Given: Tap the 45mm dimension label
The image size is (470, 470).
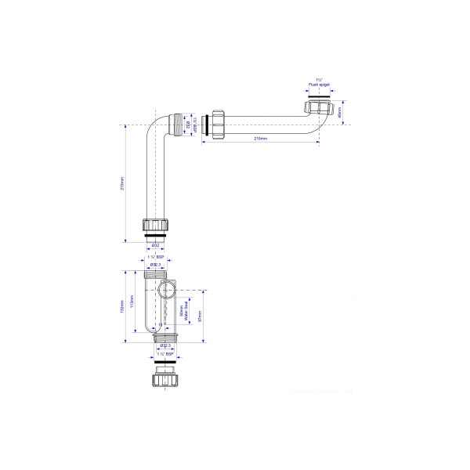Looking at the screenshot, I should (x=340, y=113).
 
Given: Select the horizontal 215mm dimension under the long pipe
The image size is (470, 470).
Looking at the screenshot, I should (x=261, y=138).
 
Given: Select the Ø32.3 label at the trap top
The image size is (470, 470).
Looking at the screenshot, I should (x=156, y=265).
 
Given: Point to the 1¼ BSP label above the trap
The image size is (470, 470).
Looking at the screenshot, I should (x=156, y=257).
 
